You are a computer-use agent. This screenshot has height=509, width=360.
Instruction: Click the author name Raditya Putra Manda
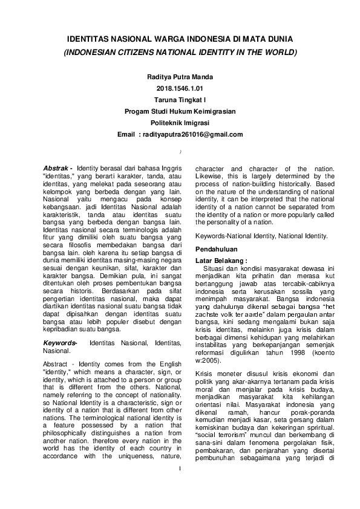180,77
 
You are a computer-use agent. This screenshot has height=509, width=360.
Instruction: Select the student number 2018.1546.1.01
180,89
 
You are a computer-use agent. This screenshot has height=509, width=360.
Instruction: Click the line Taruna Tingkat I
180,100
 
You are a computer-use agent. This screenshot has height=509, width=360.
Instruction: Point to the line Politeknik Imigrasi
180,123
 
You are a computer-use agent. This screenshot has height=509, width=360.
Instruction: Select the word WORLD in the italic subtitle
283,53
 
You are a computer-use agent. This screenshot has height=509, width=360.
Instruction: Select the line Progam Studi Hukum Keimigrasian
180,111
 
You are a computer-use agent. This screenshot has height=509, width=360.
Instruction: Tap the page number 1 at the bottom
180,484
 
